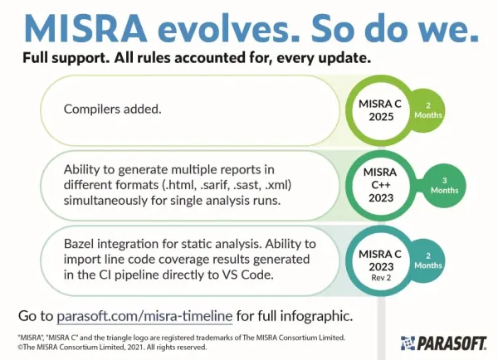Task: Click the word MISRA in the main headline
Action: (x=85, y=28)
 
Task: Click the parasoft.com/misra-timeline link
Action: (x=144, y=316)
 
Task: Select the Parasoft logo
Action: (x=443, y=343)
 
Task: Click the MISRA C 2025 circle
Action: (x=380, y=110)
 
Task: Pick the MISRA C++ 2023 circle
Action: (x=380, y=186)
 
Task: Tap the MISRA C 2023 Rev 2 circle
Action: (x=380, y=261)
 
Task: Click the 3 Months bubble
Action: (x=444, y=186)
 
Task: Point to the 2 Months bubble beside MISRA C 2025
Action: (x=427, y=110)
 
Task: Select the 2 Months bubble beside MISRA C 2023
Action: (x=427, y=261)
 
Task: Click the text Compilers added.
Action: (x=112, y=109)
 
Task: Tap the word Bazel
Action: (x=79, y=244)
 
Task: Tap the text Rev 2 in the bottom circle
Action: (x=381, y=278)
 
